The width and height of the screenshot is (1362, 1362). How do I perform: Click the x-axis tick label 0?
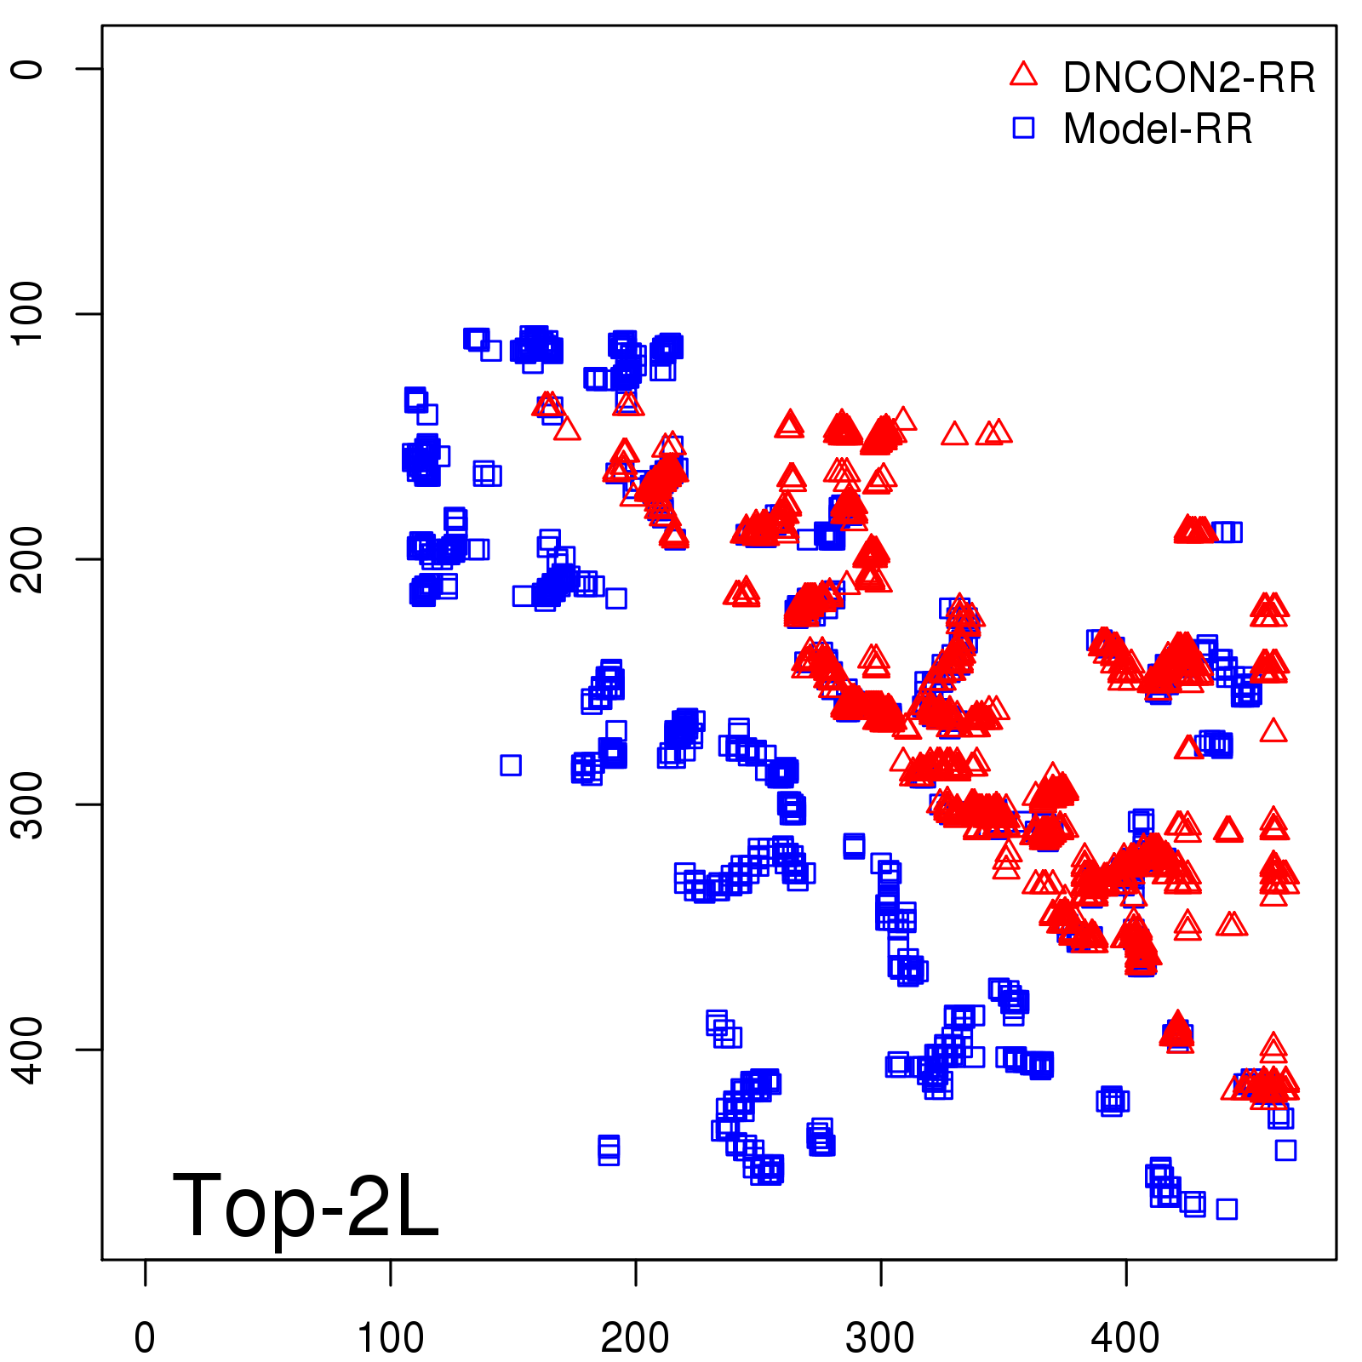(145, 1338)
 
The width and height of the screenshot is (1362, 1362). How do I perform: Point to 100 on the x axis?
(390, 1338)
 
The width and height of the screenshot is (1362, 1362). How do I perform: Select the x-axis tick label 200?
(635, 1338)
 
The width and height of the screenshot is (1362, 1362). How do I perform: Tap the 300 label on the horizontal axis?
(880, 1338)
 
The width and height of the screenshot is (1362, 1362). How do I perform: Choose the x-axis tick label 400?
(1125, 1338)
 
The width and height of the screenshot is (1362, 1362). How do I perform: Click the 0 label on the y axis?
(27, 69)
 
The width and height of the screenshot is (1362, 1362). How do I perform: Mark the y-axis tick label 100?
(27, 313)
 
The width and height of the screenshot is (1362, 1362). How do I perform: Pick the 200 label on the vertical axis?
(27, 559)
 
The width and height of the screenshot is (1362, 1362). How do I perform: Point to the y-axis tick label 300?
(27, 804)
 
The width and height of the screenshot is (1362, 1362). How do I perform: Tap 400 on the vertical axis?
(27, 1050)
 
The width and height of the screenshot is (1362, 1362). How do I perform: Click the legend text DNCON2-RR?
(1189, 78)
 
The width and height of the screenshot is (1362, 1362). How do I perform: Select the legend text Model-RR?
(1158, 129)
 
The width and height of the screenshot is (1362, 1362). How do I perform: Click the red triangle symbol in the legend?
(1023, 75)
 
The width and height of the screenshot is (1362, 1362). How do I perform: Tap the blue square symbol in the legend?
(1023, 128)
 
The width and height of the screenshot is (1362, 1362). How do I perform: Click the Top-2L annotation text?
(306, 1205)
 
